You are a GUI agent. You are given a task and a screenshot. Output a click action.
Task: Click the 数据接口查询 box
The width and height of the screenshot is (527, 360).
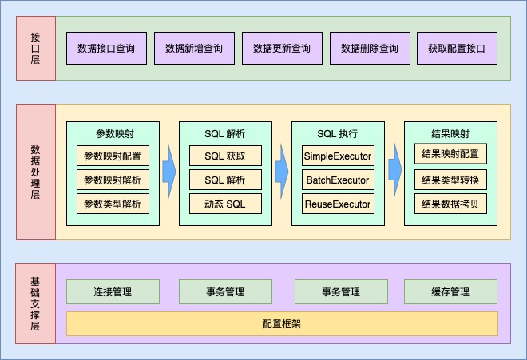click(x=106, y=49)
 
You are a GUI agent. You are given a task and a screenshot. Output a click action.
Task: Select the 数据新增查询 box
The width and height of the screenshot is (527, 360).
click(x=194, y=49)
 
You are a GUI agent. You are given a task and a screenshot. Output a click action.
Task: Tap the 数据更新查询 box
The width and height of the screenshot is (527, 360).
click(x=282, y=49)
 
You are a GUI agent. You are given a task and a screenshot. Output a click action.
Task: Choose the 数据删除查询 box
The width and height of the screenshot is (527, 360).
click(x=370, y=49)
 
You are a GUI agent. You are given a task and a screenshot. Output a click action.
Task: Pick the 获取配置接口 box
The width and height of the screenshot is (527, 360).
click(x=457, y=49)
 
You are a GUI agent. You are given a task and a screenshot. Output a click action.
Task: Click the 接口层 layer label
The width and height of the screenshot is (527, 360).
click(x=35, y=48)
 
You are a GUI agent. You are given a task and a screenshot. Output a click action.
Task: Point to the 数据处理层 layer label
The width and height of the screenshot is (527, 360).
click(x=35, y=172)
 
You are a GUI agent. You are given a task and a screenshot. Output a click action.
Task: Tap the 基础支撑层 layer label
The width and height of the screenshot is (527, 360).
click(x=35, y=303)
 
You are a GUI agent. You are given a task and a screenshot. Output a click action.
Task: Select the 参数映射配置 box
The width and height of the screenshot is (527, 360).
click(x=113, y=156)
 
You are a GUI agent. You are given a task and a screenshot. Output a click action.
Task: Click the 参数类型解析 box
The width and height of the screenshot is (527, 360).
click(x=113, y=204)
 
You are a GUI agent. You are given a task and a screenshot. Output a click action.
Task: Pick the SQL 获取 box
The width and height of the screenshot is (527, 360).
click(x=225, y=156)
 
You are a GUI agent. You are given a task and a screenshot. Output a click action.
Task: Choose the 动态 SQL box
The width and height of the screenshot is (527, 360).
click(x=225, y=204)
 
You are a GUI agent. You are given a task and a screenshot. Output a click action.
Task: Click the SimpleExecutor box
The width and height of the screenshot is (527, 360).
click(x=338, y=156)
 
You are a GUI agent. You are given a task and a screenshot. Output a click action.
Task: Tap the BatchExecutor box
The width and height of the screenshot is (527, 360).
click(x=338, y=180)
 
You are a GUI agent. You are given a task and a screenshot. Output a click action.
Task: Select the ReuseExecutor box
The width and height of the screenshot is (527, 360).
click(x=338, y=204)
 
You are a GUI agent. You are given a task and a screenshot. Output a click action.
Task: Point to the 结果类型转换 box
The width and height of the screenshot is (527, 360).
click(x=450, y=180)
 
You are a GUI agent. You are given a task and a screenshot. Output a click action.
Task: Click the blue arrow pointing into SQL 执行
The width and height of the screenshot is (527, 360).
click(x=282, y=172)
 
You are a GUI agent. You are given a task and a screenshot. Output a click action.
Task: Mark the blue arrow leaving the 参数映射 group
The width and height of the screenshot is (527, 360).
click(x=168, y=172)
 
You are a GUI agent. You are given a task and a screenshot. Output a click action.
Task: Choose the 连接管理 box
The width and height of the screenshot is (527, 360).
click(x=113, y=292)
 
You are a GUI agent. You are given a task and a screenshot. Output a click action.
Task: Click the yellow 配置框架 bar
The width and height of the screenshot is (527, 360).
click(x=282, y=324)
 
